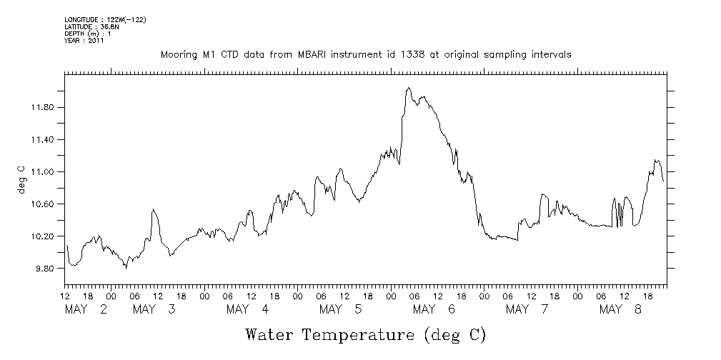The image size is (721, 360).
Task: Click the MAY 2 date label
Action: click(86, 309)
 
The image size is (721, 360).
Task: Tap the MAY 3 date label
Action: click(155, 309)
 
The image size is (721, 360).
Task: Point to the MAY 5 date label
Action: click(341, 309)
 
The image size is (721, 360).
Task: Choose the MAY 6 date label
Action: click(434, 309)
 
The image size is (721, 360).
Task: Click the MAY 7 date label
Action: click(527, 309)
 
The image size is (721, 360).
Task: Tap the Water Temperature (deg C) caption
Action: click(365, 334)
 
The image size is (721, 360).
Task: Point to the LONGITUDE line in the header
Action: click(105, 20)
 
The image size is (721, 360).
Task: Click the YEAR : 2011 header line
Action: click(84, 41)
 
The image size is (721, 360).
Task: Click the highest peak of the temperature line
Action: click(408, 88)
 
